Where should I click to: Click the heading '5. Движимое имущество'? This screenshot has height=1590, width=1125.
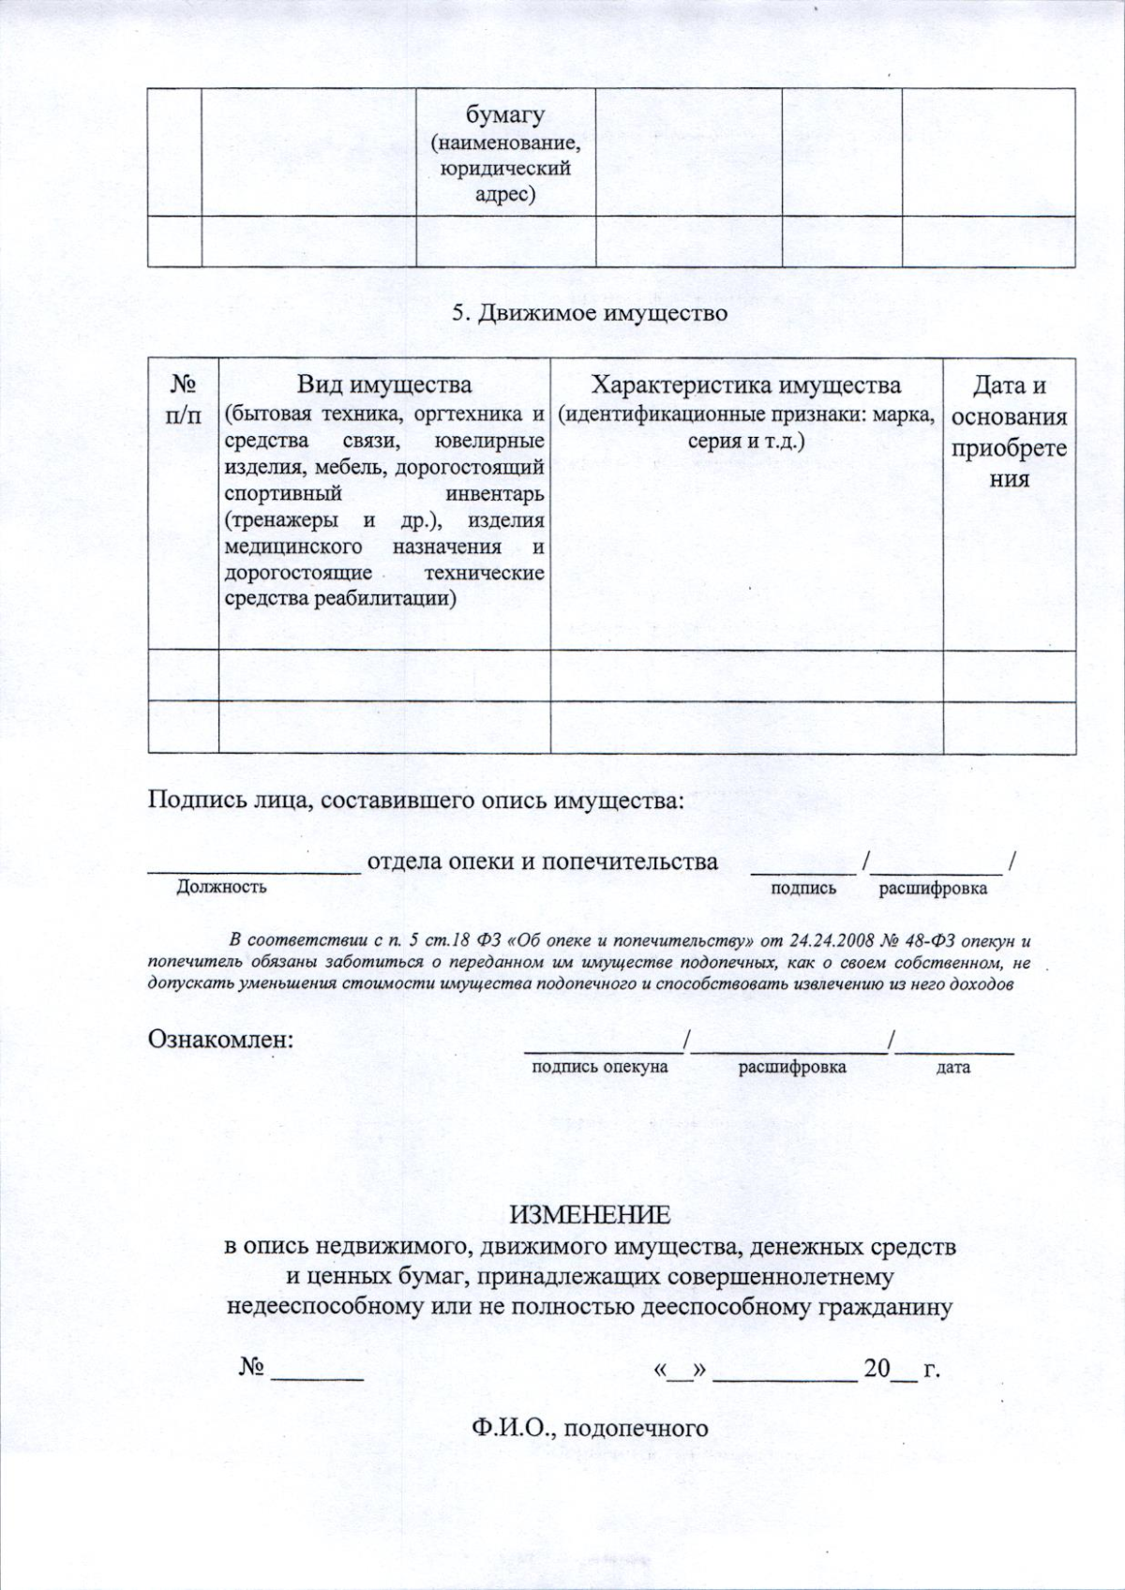[x=590, y=313]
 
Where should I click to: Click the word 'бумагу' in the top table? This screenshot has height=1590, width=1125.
[x=505, y=115]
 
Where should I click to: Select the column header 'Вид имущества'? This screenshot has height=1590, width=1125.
[x=384, y=385]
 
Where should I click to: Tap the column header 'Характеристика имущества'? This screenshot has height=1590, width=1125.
[x=746, y=385]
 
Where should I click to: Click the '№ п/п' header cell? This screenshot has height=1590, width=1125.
[x=183, y=400]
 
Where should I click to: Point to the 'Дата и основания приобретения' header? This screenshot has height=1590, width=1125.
[x=1009, y=431]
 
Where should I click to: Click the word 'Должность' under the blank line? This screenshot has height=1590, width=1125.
[x=221, y=887]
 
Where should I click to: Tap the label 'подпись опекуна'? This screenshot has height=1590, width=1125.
[x=600, y=1067]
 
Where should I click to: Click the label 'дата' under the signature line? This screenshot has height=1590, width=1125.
[x=953, y=1068]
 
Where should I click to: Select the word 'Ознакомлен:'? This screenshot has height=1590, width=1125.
[x=221, y=1040]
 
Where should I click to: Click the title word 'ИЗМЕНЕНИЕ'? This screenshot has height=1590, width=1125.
[x=590, y=1215]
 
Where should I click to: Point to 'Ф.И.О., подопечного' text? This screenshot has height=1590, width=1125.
[x=590, y=1428]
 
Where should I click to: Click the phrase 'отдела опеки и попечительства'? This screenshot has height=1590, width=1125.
[x=543, y=861]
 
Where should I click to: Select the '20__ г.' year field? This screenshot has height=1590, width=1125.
[x=901, y=1369]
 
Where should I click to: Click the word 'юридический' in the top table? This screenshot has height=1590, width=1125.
[x=505, y=170]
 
